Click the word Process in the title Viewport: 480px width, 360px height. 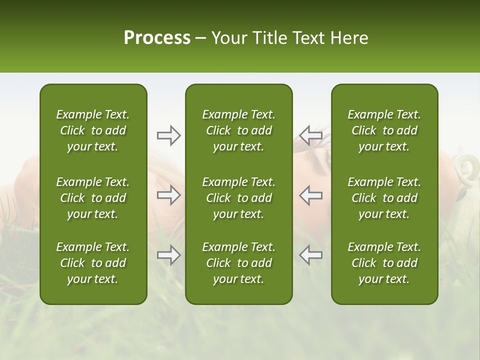point(157,38)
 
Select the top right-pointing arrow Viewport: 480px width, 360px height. point(168,135)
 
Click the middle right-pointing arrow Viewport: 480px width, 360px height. point(168,195)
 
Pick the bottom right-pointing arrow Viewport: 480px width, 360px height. point(168,255)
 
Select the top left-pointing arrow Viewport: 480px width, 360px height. point(310,135)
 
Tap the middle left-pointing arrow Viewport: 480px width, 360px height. point(310,195)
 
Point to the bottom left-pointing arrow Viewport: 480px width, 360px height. point(310,255)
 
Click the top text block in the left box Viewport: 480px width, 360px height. point(93,130)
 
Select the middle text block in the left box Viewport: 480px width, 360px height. point(93,198)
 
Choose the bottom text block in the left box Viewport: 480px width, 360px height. point(93,263)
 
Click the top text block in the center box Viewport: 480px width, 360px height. point(238,130)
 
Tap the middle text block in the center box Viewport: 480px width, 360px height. point(238,198)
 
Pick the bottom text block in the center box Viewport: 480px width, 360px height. point(238,263)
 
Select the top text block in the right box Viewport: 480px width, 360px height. point(384,130)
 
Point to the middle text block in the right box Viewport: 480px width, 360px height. point(384,198)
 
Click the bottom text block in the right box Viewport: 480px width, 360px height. point(384,263)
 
